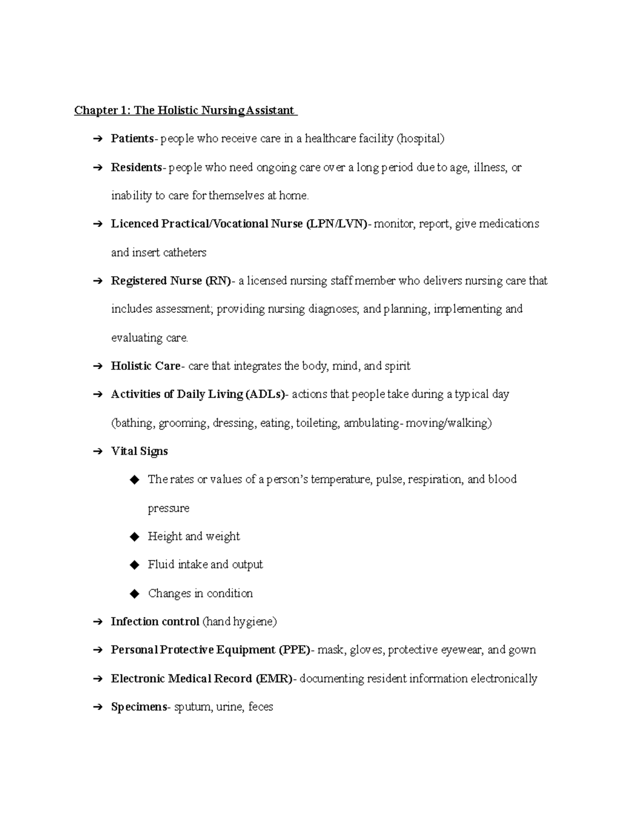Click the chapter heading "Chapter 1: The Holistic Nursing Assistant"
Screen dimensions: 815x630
[185, 110]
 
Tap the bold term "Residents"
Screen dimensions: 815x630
[136, 167]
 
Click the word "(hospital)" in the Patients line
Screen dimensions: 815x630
[420, 139]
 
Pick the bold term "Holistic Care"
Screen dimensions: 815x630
[145, 366]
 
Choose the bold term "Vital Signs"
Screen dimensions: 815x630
[139, 451]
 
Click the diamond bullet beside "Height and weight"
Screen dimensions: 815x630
[134, 536]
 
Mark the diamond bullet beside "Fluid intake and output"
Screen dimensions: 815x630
[134, 565]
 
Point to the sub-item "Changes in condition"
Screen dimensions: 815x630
[200, 594]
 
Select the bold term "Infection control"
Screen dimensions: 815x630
[155, 622]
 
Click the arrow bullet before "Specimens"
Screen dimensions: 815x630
[97, 707]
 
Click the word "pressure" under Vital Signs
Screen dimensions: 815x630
[169, 508]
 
